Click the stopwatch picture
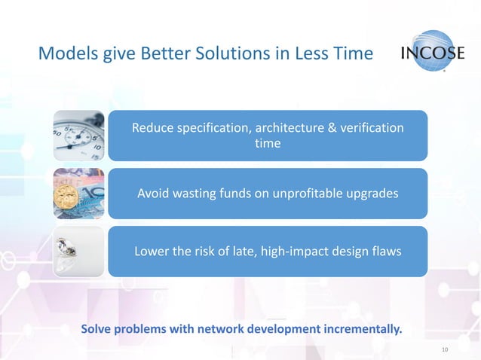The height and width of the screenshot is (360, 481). [x=78, y=136]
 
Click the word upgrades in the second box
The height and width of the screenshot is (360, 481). [x=373, y=194]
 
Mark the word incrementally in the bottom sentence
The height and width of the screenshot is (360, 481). [x=361, y=329]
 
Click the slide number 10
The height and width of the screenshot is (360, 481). [x=444, y=349]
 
